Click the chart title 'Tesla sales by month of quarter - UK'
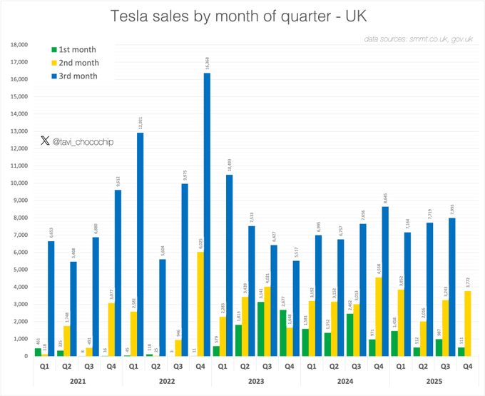pyautogui.click(x=242, y=16)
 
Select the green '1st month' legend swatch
pyautogui.click(x=53, y=50)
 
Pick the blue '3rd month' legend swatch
pyautogui.click(x=53, y=76)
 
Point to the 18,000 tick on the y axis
pyautogui.click(x=17, y=44)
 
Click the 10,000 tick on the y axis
pyautogui.click(x=17, y=183)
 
